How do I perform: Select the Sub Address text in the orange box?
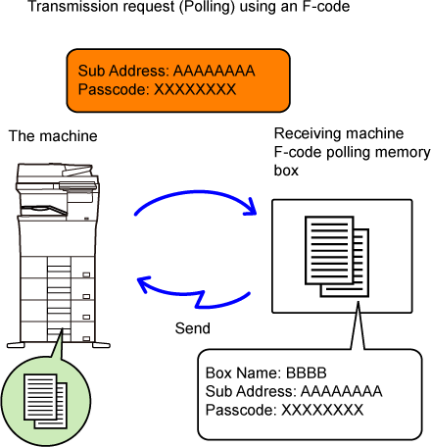tap(167, 71)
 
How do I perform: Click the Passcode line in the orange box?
tap(157, 89)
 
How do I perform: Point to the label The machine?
tap(53, 136)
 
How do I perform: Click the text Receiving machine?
tap(339, 133)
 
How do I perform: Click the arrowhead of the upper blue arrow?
tap(251, 208)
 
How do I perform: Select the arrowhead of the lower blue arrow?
tap(143, 283)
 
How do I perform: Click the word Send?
tap(193, 328)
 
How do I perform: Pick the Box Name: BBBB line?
tap(265, 373)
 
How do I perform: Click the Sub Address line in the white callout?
tap(294, 391)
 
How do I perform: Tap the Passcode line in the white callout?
tap(284, 410)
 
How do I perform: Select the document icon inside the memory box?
tap(337, 257)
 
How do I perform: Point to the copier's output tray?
tap(44, 211)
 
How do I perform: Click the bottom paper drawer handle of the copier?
tap(86, 339)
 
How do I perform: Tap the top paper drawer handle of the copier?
tap(86, 274)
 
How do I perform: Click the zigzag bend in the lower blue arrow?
tap(200, 299)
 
